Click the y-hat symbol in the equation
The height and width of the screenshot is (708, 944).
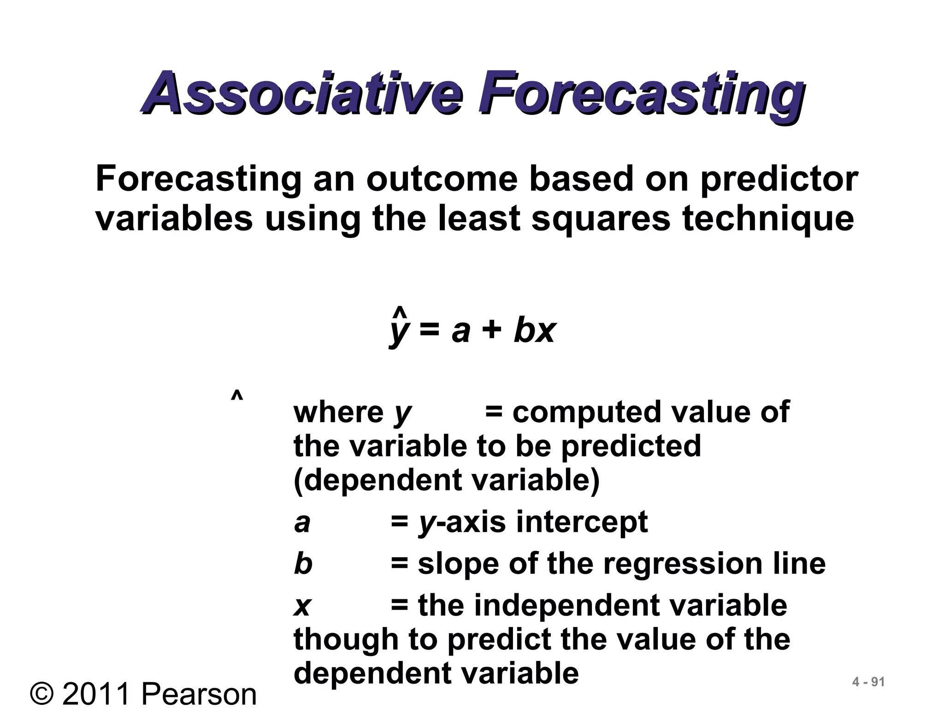(x=399, y=328)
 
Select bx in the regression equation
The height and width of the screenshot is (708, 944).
(x=534, y=330)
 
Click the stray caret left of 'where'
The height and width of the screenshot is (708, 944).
(x=237, y=397)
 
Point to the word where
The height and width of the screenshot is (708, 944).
(x=338, y=412)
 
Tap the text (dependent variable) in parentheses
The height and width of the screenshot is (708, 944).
(x=446, y=480)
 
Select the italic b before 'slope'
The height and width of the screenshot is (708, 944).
(x=303, y=563)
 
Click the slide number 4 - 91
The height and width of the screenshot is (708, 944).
(x=868, y=682)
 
